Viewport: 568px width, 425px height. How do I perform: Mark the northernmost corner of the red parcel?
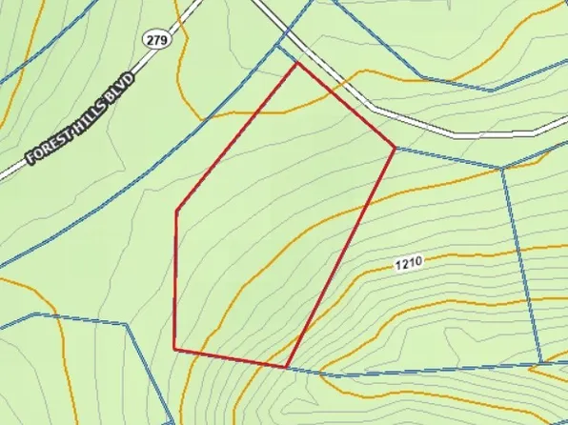pos(298,63)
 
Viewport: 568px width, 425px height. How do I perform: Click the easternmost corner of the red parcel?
pos(395,147)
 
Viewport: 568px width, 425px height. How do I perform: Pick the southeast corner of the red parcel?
pos(287,366)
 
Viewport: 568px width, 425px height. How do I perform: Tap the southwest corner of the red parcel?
pos(174,349)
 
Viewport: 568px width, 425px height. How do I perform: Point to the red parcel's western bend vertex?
pos(176,211)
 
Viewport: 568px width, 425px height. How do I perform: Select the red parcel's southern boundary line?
pos(231,357)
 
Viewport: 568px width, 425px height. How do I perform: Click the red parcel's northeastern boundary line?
pos(346,105)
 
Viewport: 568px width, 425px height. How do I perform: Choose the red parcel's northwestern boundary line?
pos(237,136)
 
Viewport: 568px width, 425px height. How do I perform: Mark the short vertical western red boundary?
pos(175,279)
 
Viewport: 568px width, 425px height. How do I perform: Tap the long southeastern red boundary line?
pos(340,257)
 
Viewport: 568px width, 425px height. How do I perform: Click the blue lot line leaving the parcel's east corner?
pos(448,158)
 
